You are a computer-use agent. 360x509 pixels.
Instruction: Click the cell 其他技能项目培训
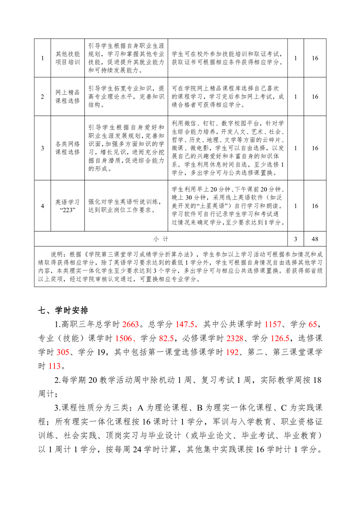67,58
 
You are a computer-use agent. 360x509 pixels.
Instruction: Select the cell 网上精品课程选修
67,97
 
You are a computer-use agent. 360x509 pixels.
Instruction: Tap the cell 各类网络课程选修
67,147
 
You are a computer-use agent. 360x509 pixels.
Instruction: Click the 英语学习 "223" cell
67,206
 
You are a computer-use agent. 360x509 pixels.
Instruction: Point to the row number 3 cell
43,147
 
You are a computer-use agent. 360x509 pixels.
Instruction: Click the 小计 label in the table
161,238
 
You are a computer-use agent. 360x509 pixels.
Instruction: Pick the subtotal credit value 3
296,238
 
